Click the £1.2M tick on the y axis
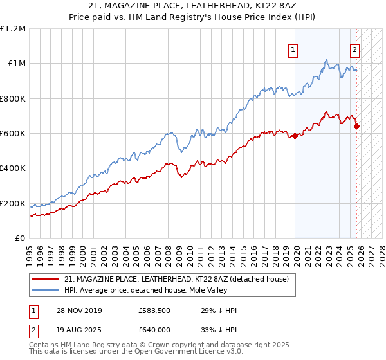[x=13, y=29]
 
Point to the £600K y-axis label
[x=13, y=134]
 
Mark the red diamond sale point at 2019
[x=295, y=136]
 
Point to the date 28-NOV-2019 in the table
[x=83, y=310]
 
